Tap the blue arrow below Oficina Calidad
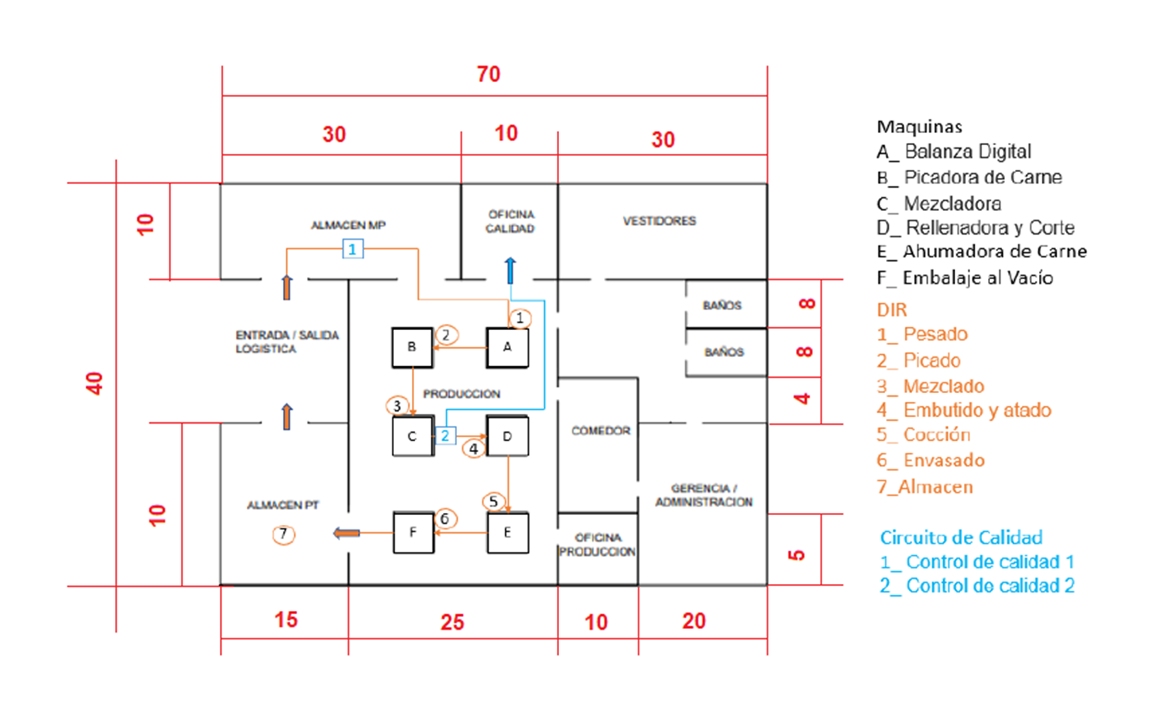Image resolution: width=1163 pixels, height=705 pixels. click(x=510, y=271)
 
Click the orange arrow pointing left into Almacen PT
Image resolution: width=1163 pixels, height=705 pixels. click(x=347, y=533)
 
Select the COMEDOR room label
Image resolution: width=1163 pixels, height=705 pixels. click(x=601, y=431)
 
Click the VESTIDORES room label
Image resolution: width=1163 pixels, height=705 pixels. click(x=659, y=221)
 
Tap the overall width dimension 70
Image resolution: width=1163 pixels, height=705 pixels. click(x=488, y=74)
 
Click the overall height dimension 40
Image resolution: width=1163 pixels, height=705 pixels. click(x=94, y=383)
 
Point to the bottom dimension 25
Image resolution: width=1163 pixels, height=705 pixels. click(x=452, y=622)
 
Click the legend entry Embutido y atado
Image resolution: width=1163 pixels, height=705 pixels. click(x=964, y=410)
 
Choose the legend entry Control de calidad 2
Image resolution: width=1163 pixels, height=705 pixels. click(x=977, y=585)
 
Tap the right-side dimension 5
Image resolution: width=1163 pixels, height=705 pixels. click(x=797, y=555)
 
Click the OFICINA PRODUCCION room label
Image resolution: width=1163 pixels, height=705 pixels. click(x=597, y=545)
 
